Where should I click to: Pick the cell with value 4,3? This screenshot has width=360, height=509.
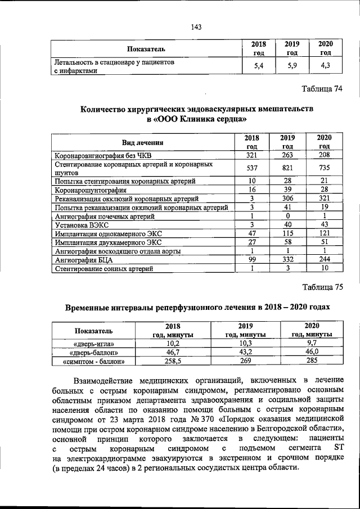[x=325, y=66]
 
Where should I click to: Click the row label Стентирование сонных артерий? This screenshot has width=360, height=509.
[x=103, y=269]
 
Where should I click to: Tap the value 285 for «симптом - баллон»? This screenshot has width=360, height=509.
[x=311, y=362]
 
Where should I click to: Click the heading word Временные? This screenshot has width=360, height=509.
[x=93, y=307]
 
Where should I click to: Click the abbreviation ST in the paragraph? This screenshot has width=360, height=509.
[x=338, y=447]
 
